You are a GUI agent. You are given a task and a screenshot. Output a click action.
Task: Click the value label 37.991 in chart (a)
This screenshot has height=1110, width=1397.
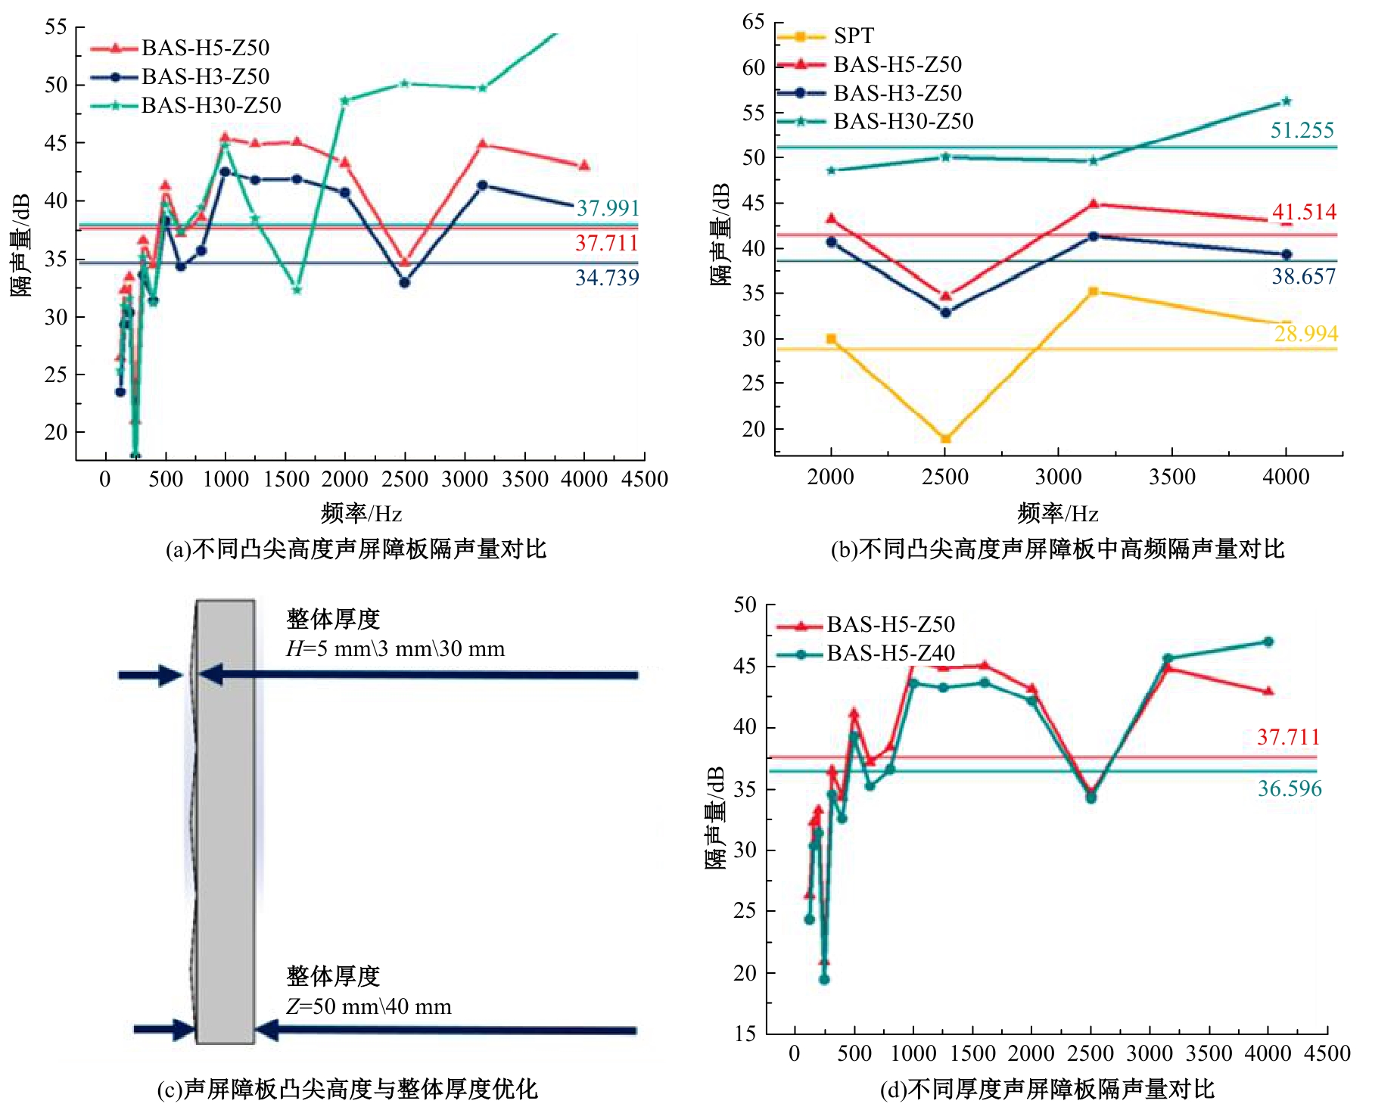pos(608,208)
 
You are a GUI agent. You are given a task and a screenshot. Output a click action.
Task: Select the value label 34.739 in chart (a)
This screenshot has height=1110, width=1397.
pos(607,278)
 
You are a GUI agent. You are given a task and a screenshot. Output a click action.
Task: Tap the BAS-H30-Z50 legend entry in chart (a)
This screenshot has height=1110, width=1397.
pos(210,105)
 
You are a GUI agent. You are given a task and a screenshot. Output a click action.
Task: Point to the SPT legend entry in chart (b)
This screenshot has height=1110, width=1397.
pos(853,36)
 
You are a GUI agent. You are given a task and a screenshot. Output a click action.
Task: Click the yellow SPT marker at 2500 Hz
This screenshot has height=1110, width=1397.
pos(945,439)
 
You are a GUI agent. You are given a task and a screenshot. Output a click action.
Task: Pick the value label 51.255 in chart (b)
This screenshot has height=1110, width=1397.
pos(1302,130)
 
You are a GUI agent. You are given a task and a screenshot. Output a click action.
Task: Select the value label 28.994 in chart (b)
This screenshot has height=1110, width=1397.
pos(1305,334)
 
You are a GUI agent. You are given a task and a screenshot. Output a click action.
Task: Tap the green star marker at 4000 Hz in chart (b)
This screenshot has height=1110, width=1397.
pos(1287,101)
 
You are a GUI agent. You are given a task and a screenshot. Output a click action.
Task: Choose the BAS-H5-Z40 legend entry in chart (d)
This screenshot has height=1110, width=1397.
pos(890,653)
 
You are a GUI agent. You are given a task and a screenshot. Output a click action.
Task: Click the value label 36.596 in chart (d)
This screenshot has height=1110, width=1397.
pos(1290,788)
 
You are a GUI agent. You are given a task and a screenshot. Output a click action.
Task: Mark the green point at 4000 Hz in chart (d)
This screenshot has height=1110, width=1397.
pos(1268,642)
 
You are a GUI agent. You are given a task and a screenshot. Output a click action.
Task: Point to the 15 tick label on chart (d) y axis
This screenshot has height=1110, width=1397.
pos(745,1034)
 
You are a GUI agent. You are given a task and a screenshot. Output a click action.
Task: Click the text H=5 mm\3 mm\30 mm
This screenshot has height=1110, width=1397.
pos(395,649)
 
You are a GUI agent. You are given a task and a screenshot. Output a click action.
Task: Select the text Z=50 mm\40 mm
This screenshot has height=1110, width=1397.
pos(369,1007)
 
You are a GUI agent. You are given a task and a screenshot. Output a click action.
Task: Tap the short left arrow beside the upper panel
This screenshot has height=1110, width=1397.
pos(151,675)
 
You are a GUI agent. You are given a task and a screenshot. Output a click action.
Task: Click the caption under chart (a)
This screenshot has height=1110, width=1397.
pos(356,549)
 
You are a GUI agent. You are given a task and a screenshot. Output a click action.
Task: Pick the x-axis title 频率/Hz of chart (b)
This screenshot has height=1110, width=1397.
pos(1057,514)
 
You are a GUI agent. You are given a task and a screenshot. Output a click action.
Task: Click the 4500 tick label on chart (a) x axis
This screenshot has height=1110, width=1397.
pos(645,479)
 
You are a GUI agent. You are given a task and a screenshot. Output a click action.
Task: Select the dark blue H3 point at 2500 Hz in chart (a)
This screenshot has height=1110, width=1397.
pos(405,282)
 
